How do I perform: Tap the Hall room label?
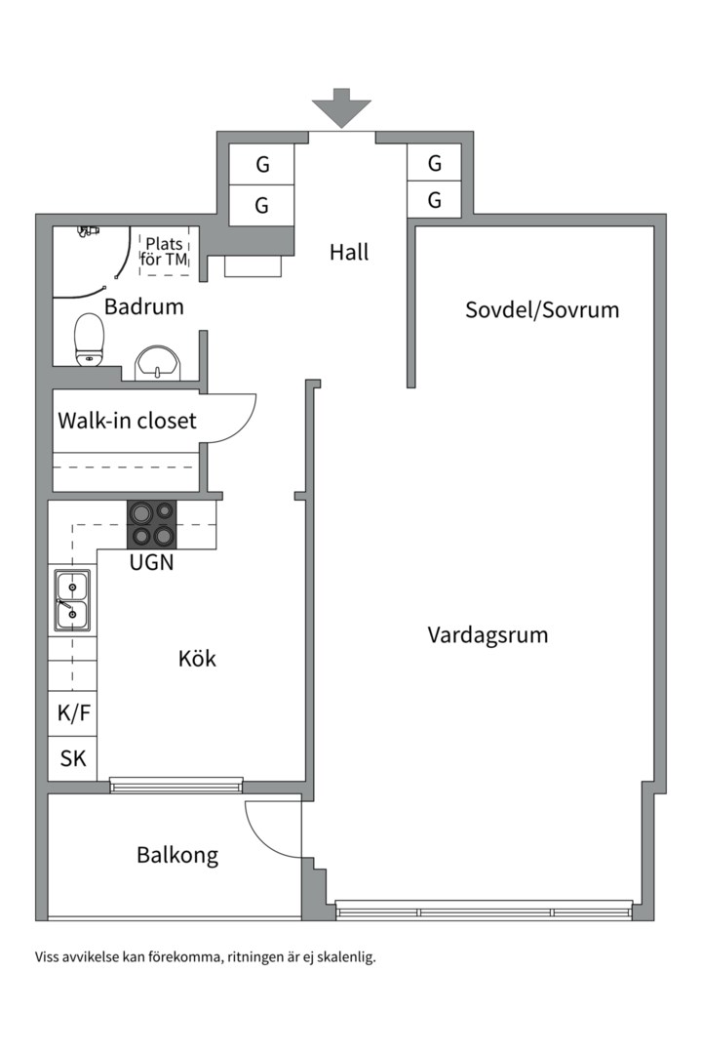point(349,252)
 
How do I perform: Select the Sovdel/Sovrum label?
point(542,310)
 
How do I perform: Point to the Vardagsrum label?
point(487,635)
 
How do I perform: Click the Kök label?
point(198,658)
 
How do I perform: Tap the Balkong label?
point(177,855)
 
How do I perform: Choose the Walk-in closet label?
point(127,421)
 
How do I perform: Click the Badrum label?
point(143,306)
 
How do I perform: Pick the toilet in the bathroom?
point(89,340)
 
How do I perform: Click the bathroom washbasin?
point(159,363)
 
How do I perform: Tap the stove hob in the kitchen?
point(152,525)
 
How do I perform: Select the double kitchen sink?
point(72,601)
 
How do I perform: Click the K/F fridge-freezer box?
point(72,713)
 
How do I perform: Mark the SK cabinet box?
point(72,758)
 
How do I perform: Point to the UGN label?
point(152,562)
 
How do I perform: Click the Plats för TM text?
point(165,252)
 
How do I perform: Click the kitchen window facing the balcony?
point(176,785)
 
